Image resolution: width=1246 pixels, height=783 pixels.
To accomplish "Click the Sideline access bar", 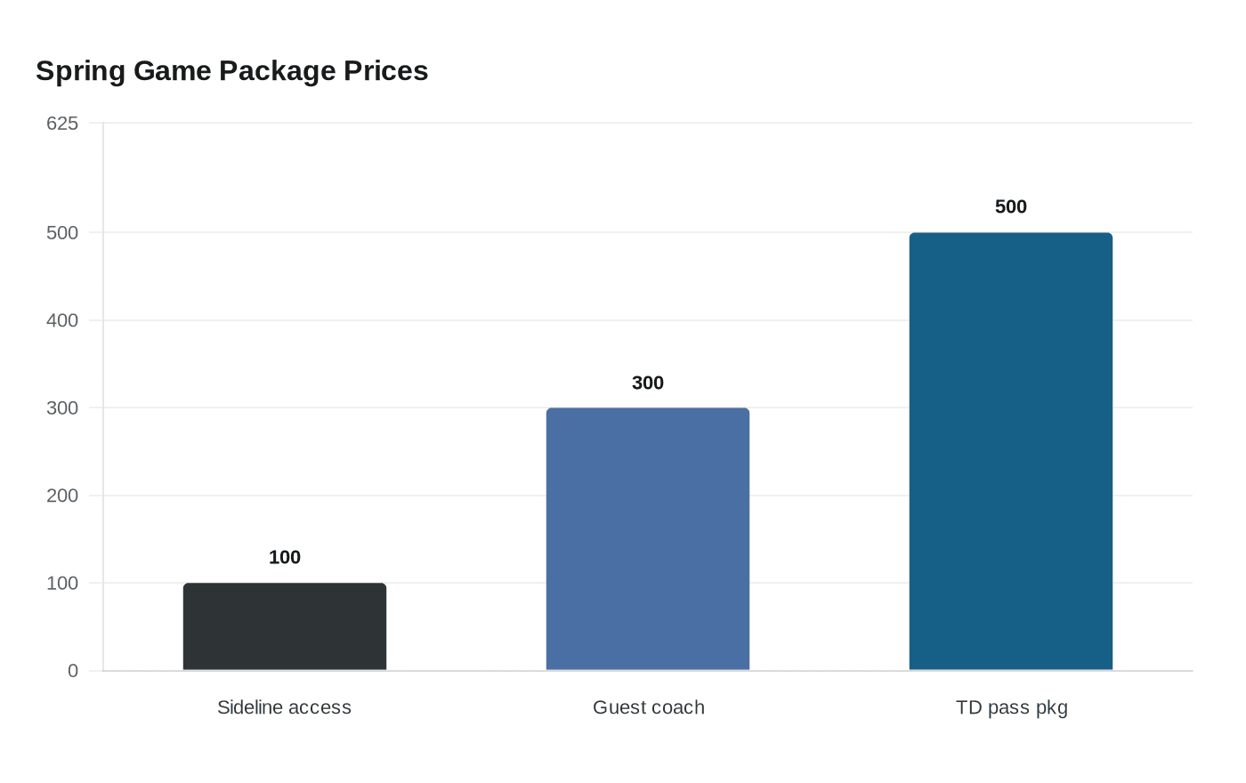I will click(x=285, y=626).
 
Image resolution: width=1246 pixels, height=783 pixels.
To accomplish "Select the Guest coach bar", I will click(x=648, y=538).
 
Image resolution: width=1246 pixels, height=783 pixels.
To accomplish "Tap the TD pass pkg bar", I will click(x=1011, y=451).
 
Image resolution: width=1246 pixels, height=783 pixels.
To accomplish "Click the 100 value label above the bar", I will click(x=285, y=558).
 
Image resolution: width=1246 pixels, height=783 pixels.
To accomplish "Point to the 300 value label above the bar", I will click(x=648, y=383).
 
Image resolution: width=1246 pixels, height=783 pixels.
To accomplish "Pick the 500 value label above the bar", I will click(x=1011, y=207).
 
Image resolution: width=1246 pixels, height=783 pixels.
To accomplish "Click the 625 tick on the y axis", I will click(x=62, y=124).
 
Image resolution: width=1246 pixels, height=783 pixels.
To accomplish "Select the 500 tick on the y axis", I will click(x=62, y=233).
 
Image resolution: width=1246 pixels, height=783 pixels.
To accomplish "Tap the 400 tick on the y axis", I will click(x=62, y=320).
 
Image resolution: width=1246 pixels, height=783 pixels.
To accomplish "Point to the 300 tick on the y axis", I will click(x=62, y=408).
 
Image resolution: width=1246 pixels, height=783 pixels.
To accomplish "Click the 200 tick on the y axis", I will click(x=62, y=496).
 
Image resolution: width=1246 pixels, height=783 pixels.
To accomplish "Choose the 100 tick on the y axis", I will click(x=62, y=584).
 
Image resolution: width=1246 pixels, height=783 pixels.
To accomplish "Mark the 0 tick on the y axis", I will click(x=73, y=671).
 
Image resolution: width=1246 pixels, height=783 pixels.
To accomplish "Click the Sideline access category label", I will click(x=285, y=708).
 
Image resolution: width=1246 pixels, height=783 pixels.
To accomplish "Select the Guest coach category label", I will click(x=649, y=708).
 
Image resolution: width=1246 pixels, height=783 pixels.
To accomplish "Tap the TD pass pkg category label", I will click(x=1012, y=708).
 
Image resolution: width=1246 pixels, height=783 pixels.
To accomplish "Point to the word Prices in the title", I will click(x=385, y=71).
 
